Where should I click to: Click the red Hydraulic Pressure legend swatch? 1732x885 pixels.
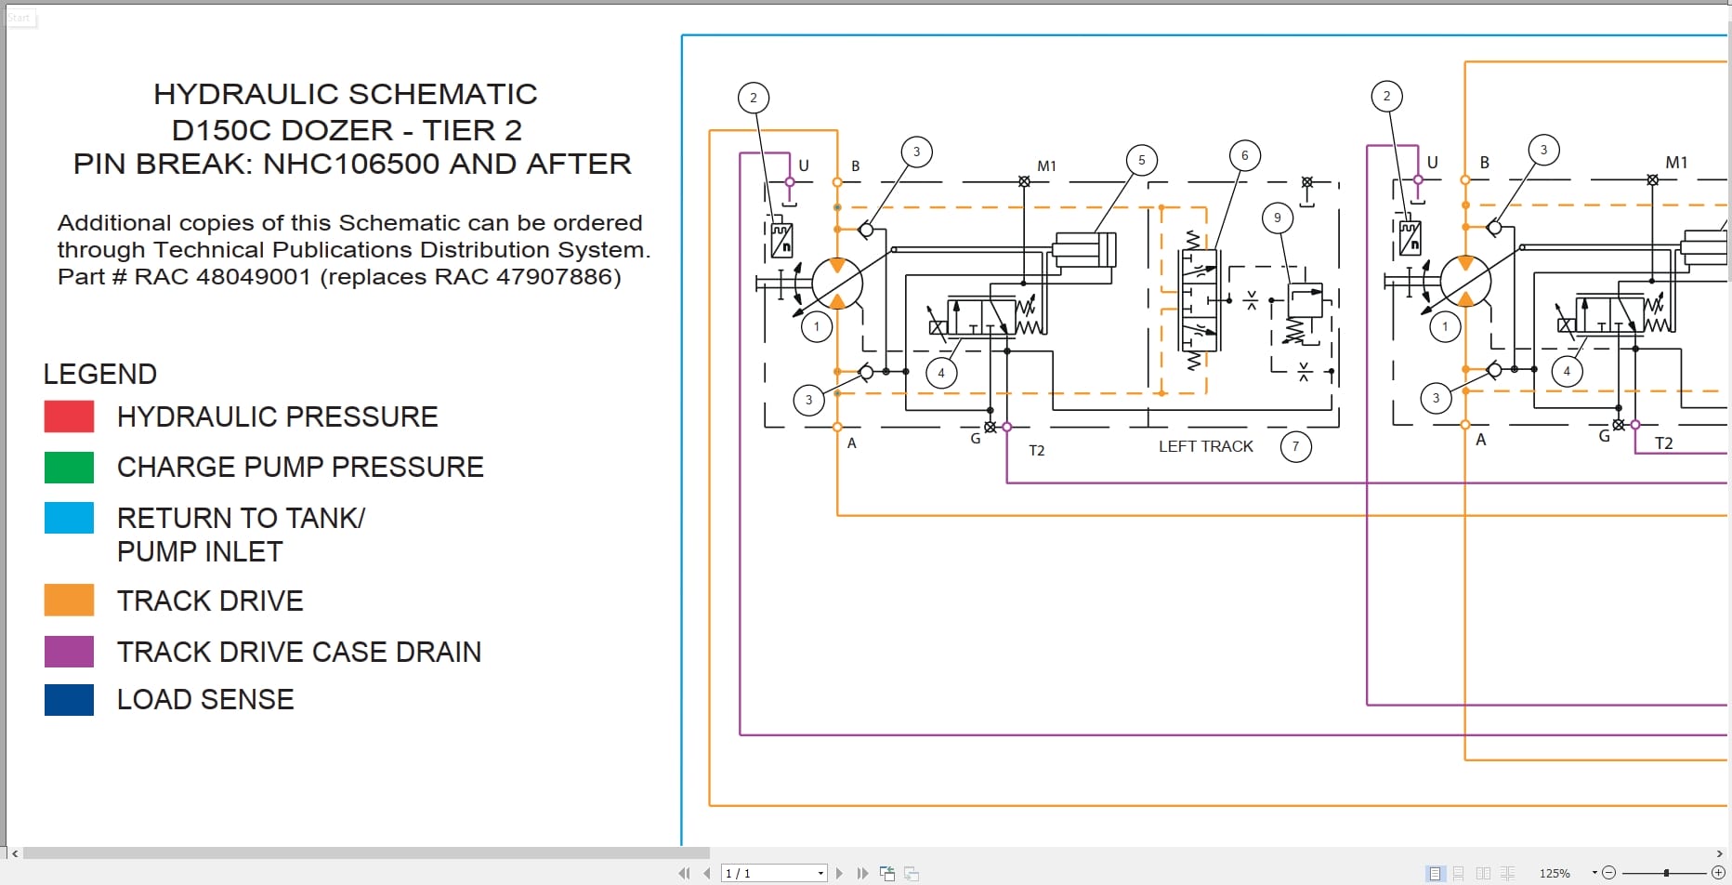pyautogui.click(x=69, y=416)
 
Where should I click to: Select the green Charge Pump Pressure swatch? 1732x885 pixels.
pyautogui.click(x=69, y=468)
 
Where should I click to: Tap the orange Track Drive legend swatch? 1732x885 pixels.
pyautogui.click(x=69, y=601)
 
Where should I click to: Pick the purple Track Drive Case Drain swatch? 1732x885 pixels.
pyautogui.click(x=69, y=652)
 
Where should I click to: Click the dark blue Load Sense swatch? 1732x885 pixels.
pyautogui.click(x=69, y=700)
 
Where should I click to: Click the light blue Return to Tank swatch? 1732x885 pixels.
pyautogui.click(x=69, y=518)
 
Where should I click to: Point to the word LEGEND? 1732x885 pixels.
pyautogui.click(x=100, y=375)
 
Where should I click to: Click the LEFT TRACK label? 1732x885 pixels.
pyautogui.click(x=1205, y=447)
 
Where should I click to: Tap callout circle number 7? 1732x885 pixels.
pyautogui.click(x=1295, y=447)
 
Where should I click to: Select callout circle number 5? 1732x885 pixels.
pyautogui.click(x=1141, y=160)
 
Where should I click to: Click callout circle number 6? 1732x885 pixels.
pyautogui.click(x=1244, y=155)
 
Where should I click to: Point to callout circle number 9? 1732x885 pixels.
pyautogui.click(x=1277, y=218)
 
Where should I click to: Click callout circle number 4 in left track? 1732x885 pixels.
pyautogui.click(x=941, y=373)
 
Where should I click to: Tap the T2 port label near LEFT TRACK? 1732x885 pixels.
pyautogui.click(x=1037, y=451)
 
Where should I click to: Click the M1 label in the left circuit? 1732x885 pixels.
pyautogui.click(x=1046, y=166)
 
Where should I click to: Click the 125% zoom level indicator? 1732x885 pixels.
pyautogui.click(x=1555, y=873)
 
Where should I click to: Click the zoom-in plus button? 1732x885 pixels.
pyautogui.click(x=1718, y=872)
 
